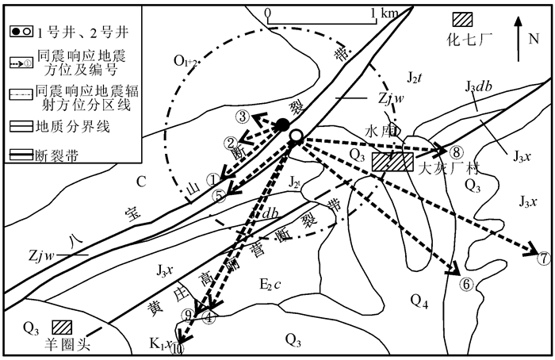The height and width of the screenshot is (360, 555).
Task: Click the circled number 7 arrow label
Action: pos(543,259)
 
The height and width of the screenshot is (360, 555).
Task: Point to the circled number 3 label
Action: pos(243,117)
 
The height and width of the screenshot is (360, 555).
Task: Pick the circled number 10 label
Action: pos(178,347)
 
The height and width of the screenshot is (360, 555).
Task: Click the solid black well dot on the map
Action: pos(282,124)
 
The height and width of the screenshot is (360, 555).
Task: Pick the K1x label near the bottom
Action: pos(160,343)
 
